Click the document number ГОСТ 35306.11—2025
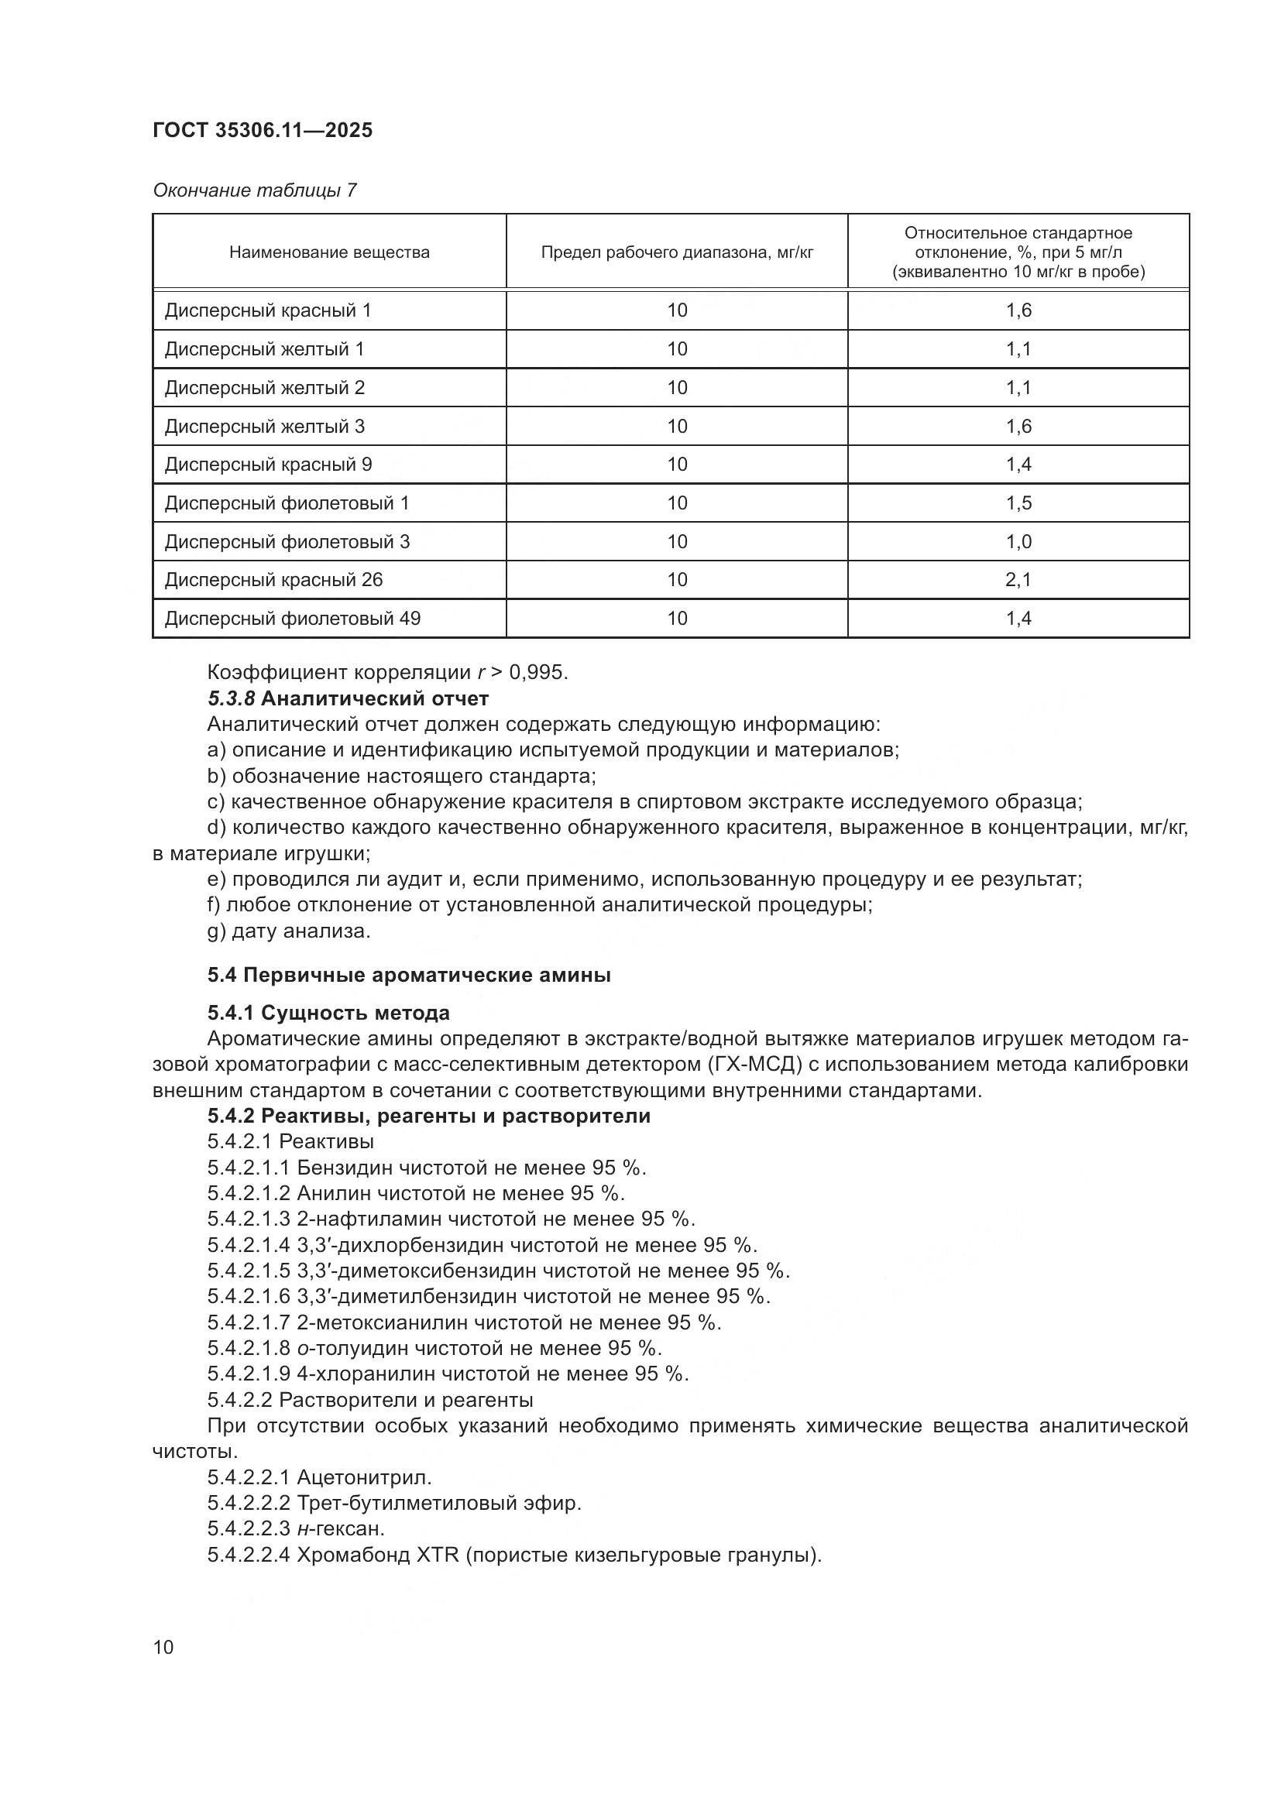[x=262, y=130]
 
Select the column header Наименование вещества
[x=329, y=252]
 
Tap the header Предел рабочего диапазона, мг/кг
[x=677, y=252]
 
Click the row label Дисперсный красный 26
[x=273, y=580]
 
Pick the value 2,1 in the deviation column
[x=1018, y=580]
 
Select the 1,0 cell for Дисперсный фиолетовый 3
[x=1018, y=542]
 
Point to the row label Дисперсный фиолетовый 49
[x=292, y=619]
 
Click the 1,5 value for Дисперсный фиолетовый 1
[x=1018, y=503]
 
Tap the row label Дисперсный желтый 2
[x=264, y=388]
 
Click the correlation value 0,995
[x=538, y=673]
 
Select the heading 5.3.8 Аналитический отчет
[x=348, y=699]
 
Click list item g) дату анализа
[x=289, y=931]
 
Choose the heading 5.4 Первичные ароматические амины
[x=409, y=976]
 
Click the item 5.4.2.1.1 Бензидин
[x=426, y=1168]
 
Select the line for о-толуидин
[x=434, y=1348]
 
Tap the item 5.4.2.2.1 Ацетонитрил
[x=319, y=1477]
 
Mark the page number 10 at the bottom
[x=163, y=1648]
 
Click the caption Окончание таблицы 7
[x=255, y=191]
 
